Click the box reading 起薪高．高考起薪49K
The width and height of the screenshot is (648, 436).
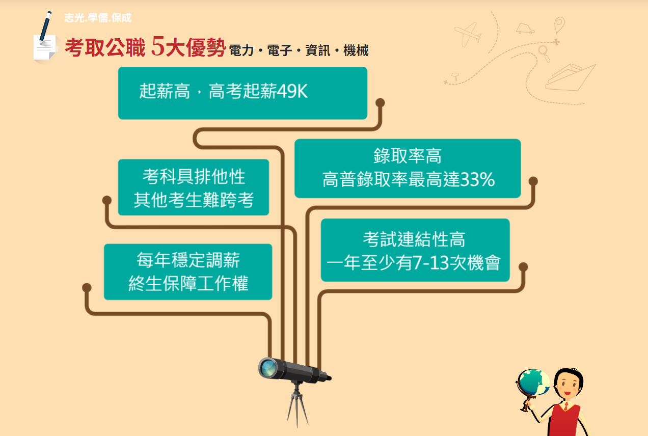tap(242, 93)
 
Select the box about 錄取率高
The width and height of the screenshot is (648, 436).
tap(408, 169)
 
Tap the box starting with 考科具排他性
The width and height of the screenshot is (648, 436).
tap(194, 187)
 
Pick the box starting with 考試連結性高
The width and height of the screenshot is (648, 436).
tap(415, 250)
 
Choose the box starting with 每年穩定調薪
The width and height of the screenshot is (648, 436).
tap(188, 271)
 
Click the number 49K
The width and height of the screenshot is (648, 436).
tap(292, 91)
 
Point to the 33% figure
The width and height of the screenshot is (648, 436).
tap(477, 179)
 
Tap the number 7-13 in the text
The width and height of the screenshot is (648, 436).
tap(431, 263)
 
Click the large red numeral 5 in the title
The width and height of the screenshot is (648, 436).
tap(158, 46)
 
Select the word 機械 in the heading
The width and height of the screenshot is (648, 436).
tap(356, 50)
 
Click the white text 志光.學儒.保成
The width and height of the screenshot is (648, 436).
tap(98, 18)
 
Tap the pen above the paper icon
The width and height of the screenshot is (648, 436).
tap(45, 28)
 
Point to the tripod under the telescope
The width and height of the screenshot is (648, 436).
tap(298, 404)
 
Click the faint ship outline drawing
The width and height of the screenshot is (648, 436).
tap(570, 77)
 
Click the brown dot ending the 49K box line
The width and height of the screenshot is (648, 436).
tap(380, 103)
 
